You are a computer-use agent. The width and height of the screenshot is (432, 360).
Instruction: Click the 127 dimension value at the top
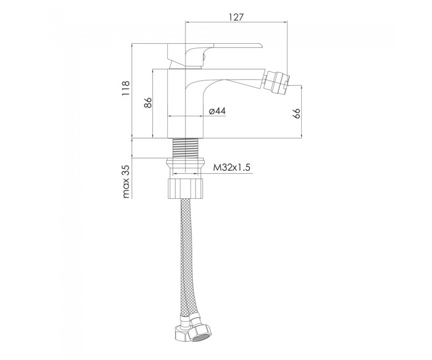(236, 17)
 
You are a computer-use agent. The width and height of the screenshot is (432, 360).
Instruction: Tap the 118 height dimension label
(126, 88)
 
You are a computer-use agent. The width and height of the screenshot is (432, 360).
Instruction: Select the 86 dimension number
(148, 103)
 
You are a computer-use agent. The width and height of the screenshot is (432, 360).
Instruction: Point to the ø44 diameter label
(217, 111)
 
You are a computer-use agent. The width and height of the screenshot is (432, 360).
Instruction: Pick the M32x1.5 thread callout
(232, 167)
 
